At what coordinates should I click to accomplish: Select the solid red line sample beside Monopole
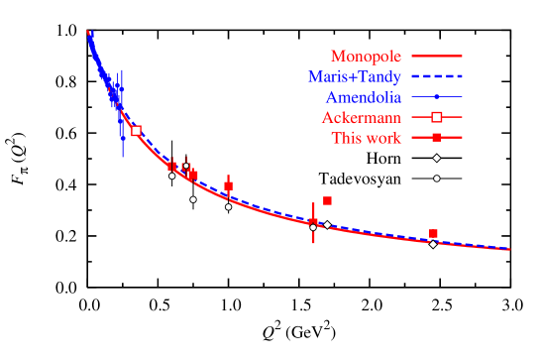pyautogui.click(x=436, y=57)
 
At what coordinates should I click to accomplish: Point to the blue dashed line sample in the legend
pyautogui.click(x=436, y=76)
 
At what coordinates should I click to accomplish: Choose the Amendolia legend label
pyautogui.click(x=363, y=97)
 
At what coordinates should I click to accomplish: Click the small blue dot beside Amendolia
pyautogui.click(x=436, y=97)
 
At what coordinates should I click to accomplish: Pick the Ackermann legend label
pyautogui.click(x=361, y=117)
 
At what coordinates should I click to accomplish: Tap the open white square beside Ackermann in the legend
pyautogui.click(x=436, y=117)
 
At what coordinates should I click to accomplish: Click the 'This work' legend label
pyautogui.click(x=367, y=138)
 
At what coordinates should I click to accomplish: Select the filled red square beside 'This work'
pyautogui.click(x=436, y=138)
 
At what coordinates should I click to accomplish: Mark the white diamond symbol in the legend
pyautogui.click(x=436, y=158)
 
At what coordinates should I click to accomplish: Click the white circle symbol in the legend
pyautogui.click(x=436, y=179)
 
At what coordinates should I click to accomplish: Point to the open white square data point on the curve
pyautogui.click(x=136, y=131)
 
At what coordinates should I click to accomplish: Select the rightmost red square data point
pyautogui.click(x=433, y=234)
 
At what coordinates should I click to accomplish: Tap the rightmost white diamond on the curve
pyautogui.click(x=433, y=243)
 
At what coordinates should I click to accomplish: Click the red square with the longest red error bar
pyautogui.click(x=313, y=222)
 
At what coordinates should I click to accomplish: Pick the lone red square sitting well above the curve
pyautogui.click(x=327, y=201)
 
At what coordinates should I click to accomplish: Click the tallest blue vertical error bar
pyautogui.click(x=122, y=114)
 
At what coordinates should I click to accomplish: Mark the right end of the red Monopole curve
pyautogui.click(x=508, y=250)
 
